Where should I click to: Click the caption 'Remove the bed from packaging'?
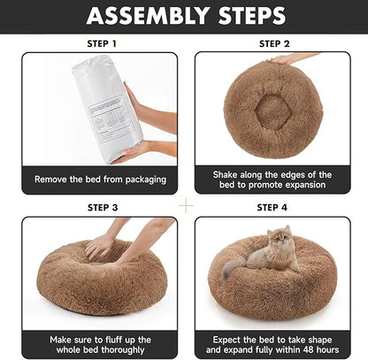point(100,180)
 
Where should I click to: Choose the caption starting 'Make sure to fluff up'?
point(100,344)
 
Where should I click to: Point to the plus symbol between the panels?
point(185,204)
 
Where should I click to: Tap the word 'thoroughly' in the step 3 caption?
point(126,349)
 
